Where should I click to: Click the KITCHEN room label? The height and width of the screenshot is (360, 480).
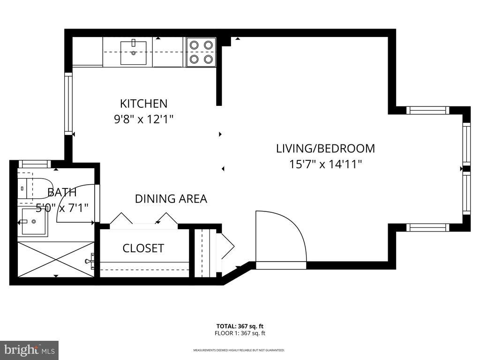pos(143,104)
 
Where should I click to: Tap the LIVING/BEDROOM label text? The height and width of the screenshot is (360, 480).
pos(325,149)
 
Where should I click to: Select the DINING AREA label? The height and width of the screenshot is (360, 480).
pos(171,199)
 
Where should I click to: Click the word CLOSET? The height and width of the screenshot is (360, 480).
pos(143,248)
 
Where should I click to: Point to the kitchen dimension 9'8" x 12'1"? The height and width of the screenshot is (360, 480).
pos(143,119)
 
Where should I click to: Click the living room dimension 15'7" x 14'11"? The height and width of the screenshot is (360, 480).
pos(325,164)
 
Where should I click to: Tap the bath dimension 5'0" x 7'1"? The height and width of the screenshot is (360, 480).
pos(62,208)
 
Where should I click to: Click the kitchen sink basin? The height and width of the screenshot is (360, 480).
pos(133,53)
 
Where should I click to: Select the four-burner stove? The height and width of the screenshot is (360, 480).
pos(201,52)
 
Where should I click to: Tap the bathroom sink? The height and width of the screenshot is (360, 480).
pos(33,221)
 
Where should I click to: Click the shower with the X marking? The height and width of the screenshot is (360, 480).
pos(56,259)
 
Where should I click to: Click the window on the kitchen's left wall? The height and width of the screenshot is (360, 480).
pos(68,104)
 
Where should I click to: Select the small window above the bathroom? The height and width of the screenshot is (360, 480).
pos(34,164)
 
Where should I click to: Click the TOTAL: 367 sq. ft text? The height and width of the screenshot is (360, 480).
pos(240,326)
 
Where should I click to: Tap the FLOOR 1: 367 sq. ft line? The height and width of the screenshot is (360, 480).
pos(240,333)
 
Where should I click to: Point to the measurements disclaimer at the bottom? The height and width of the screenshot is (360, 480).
pos(239,350)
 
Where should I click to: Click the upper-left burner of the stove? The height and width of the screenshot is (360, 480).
pos(194,45)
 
